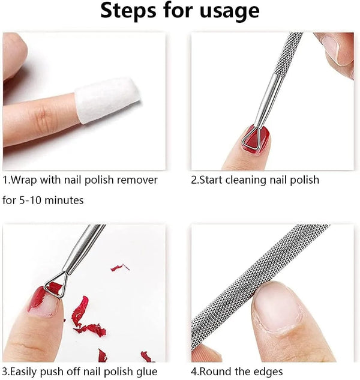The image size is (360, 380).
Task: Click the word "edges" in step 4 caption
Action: click(267, 371)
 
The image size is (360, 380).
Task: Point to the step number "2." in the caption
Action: click(194, 179)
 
